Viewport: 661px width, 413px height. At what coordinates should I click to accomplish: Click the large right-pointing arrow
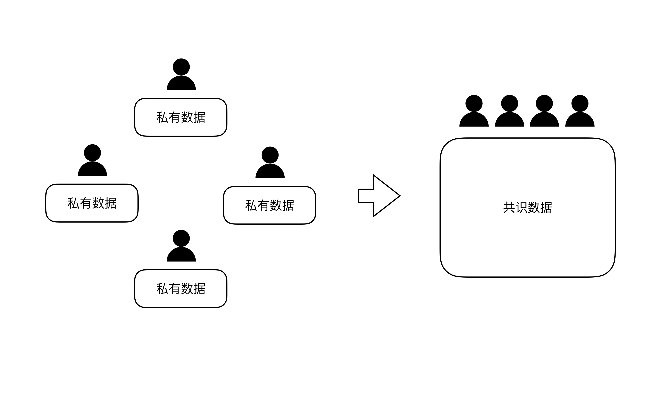380,195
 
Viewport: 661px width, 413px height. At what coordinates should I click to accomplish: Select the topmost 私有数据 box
181,117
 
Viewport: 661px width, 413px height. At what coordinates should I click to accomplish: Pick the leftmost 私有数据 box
92,203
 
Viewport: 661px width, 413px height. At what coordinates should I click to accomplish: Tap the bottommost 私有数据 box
181,289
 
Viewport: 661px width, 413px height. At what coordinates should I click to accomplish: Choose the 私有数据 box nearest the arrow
270,205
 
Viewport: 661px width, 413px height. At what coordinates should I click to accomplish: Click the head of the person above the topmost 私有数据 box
181,67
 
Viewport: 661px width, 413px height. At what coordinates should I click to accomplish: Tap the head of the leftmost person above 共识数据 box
474,103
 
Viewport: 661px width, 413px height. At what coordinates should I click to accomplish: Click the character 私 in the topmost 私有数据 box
162,117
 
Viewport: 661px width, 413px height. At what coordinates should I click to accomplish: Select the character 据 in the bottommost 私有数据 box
199,289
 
